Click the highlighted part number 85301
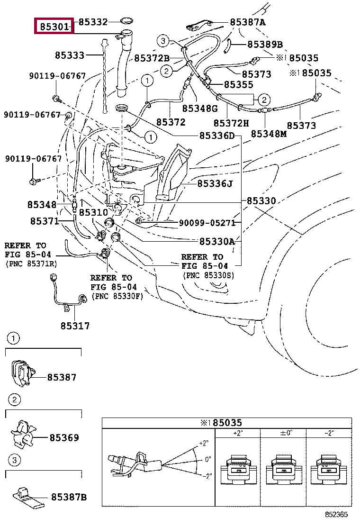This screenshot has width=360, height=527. pos(54,26)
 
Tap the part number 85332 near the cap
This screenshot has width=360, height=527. pos(93,22)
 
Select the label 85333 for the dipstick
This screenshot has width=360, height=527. pos(70,55)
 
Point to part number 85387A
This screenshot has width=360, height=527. pos(247,22)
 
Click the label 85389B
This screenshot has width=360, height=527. pos(265,44)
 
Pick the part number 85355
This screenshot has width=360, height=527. pos(238,84)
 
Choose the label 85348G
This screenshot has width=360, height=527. pos(200,108)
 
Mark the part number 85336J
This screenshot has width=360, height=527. pos(215,183)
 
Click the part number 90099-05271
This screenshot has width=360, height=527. pos(207,223)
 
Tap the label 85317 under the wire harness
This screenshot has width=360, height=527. pos(75,326)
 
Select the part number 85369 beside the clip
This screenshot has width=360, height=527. pos(64,437)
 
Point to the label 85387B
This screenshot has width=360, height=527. pos(69,497)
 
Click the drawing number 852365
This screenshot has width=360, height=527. pos(336,515)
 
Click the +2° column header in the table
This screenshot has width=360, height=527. pos(238,433)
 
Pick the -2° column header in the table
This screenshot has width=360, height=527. pos(329,433)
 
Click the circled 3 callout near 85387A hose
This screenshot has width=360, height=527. pos(163,41)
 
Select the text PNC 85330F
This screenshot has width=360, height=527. pos(117,297)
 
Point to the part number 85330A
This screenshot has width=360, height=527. pos(217,241)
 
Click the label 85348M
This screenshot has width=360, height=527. pos(269,134)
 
